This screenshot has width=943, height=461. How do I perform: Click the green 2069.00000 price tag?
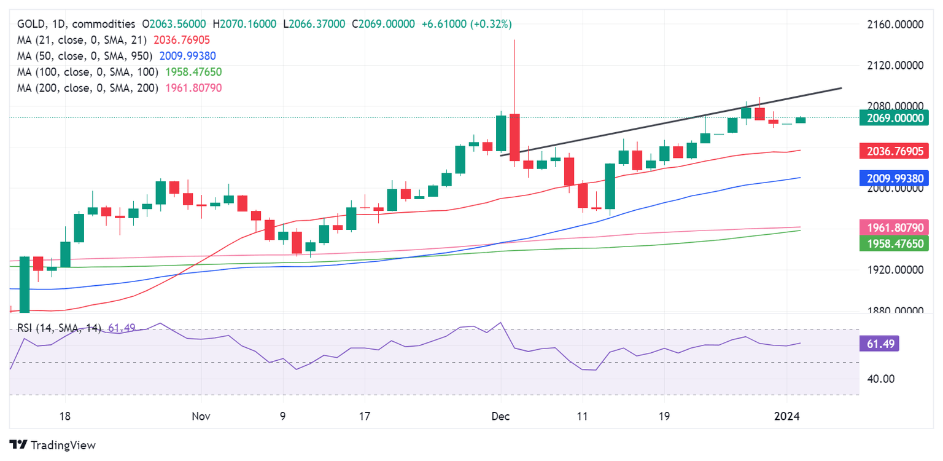click(894, 118)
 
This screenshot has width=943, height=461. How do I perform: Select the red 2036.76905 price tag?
click(894, 151)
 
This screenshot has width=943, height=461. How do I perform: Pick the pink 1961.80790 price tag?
click(894, 228)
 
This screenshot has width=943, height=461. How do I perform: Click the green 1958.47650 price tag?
click(894, 243)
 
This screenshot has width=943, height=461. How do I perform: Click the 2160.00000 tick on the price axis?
click(894, 25)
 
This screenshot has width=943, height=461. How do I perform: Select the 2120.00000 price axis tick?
click(894, 65)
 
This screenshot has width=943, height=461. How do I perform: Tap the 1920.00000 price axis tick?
click(894, 270)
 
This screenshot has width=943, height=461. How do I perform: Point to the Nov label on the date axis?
click(201, 417)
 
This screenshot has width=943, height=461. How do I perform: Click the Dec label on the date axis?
click(501, 417)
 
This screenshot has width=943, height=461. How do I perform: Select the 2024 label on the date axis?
click(787, 417)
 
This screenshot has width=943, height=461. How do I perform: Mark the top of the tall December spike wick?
click(514, 39)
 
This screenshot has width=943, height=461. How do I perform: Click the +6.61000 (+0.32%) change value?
click(467, 24)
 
